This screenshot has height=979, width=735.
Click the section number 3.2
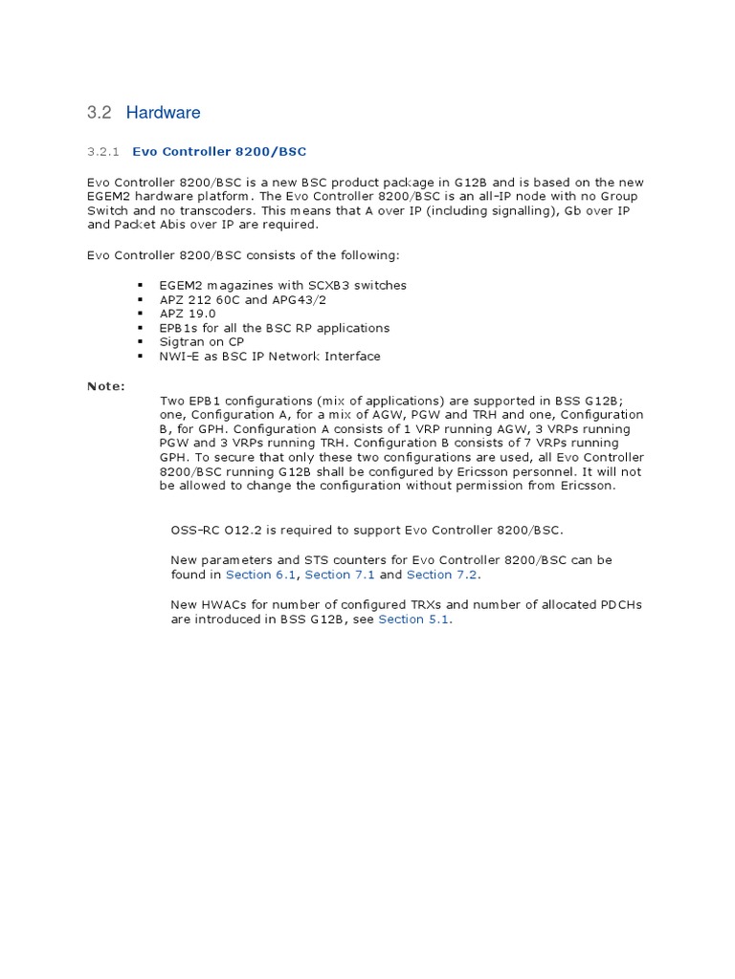(x=99, y=113)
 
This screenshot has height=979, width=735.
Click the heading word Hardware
(x=163, y=113)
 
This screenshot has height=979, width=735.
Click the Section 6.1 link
(x=261, y=575)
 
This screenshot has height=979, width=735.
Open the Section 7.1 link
(x=340, y=575)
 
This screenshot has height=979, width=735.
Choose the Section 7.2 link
(x=441, y=575)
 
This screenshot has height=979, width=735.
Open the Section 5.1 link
(x=413, y=620)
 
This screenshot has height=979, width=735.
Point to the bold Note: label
(x=105, y=386)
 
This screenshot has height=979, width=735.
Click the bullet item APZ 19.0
(x=188, y=314)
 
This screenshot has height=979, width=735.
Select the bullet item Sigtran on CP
(x=202, y=342)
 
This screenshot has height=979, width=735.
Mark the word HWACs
(x=226, y=604)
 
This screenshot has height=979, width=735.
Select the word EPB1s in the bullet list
(x=178, y=328)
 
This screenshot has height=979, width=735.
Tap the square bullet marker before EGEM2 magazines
(x=140, y=286)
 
